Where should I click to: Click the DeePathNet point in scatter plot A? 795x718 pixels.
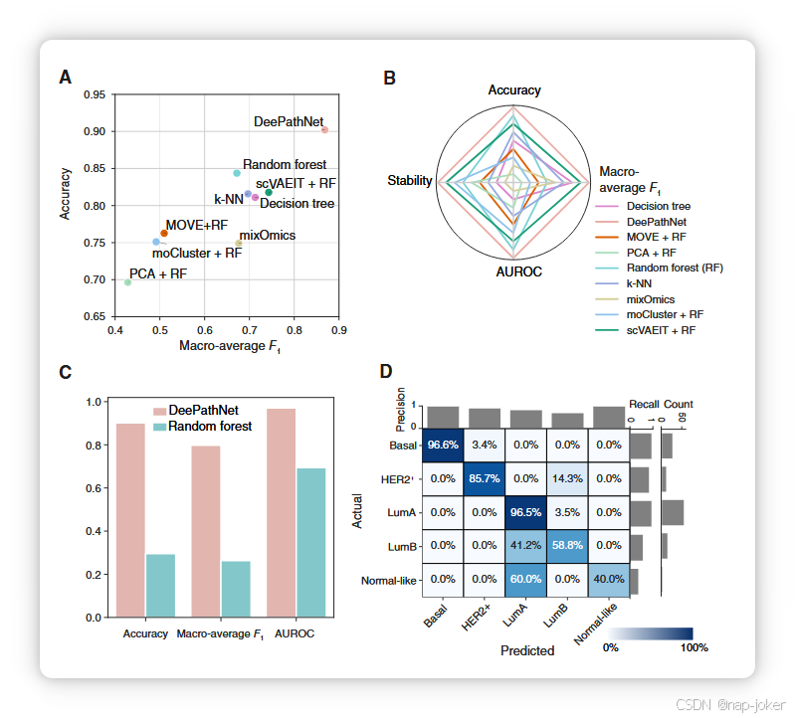[x=324, y=130]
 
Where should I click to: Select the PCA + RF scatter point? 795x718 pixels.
[x=127, y=282]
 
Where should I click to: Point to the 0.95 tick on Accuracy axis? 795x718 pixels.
[x=95, y=94]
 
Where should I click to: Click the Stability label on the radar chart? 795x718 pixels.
[x=410, y=181]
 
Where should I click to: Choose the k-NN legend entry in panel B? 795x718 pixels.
[x=642, y=283]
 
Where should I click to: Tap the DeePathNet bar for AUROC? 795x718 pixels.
[x=281, y=513]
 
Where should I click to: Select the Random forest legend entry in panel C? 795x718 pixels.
[x=210, y=426]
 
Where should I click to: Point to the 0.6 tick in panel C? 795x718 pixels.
[x=94, y=488]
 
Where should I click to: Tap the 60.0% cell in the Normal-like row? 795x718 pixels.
[x=527, y=579]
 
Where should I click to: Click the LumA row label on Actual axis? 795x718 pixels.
[x=404, y=512]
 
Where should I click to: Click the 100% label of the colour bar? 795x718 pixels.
[x=694, y=648]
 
